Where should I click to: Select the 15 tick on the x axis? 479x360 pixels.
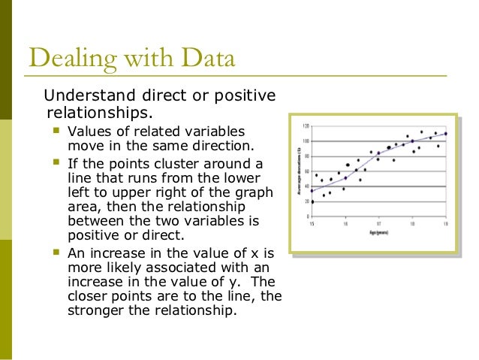[312, 223]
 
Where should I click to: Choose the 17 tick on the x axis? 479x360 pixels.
[379, 223]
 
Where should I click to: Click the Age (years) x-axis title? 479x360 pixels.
[379, 234]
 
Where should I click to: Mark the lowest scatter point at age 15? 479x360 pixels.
[312, 201]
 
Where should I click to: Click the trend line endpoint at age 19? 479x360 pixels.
[446, 134]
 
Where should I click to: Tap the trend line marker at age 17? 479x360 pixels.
[378, 153]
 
